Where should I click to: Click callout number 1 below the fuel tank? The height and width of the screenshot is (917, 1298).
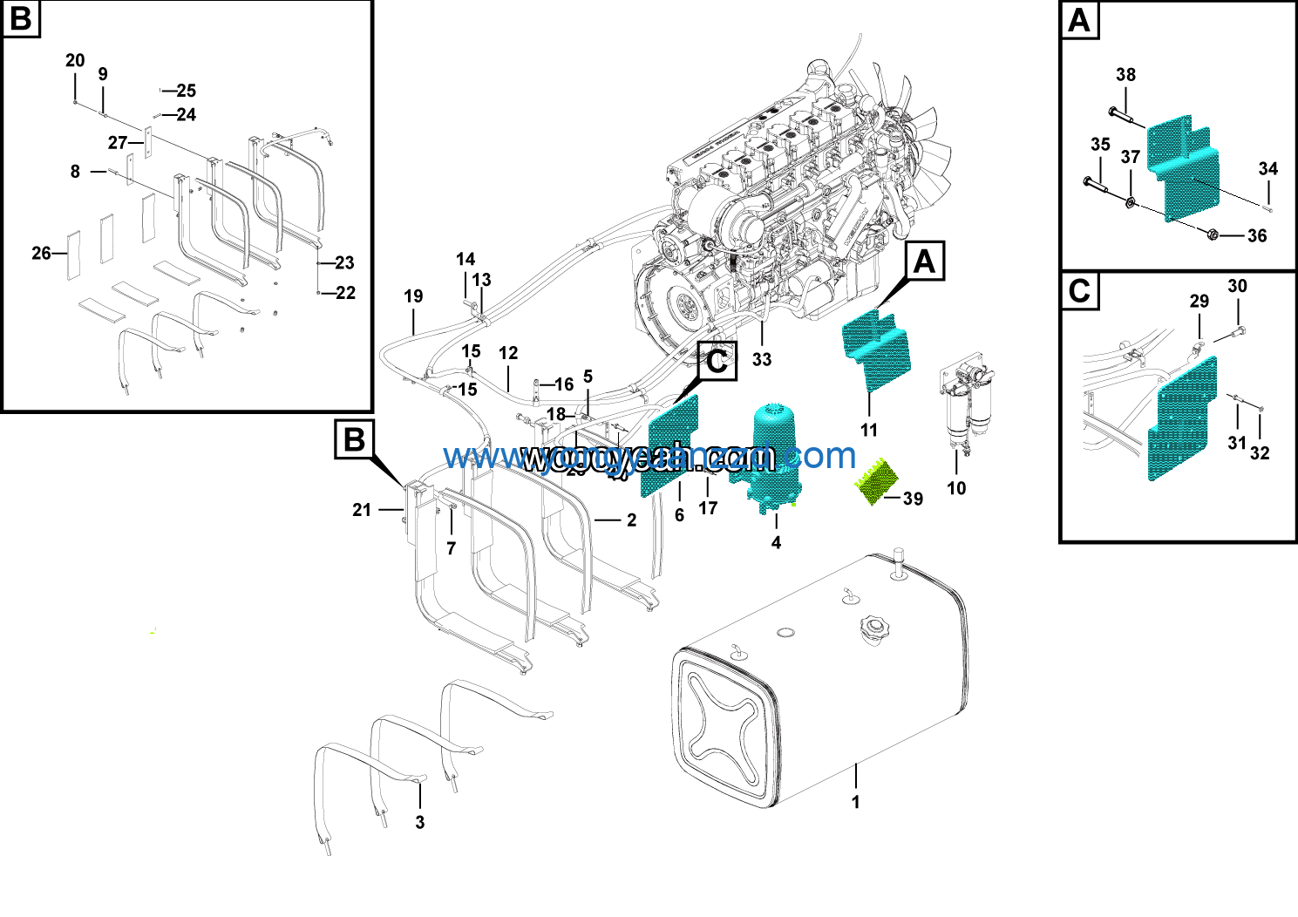pos(855,802)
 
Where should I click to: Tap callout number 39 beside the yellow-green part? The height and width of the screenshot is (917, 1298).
pos(913,499)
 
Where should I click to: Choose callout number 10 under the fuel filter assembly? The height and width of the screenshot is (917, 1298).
pos(956,488)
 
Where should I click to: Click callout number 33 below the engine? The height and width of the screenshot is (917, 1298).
pos(762,359)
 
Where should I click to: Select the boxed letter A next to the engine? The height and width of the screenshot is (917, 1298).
pos(924,262)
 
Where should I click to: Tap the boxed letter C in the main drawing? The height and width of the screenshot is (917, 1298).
pos(717,361)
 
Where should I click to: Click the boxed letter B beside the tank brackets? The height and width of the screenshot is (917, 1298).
pos(355,439)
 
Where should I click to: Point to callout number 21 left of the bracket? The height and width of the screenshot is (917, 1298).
pos(362,510)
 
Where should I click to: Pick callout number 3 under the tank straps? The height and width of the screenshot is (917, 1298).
pos(419,822)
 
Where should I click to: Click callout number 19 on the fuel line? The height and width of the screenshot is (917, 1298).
pos(413,296)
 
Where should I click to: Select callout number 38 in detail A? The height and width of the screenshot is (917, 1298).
pos(1125,75)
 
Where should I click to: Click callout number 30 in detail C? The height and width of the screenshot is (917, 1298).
pos(1237,286)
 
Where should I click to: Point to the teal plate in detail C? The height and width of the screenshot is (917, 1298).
pos(1182,418)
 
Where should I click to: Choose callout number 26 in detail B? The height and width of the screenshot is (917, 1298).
pos(41,253)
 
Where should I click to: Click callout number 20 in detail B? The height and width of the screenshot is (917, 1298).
pos(75,60)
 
